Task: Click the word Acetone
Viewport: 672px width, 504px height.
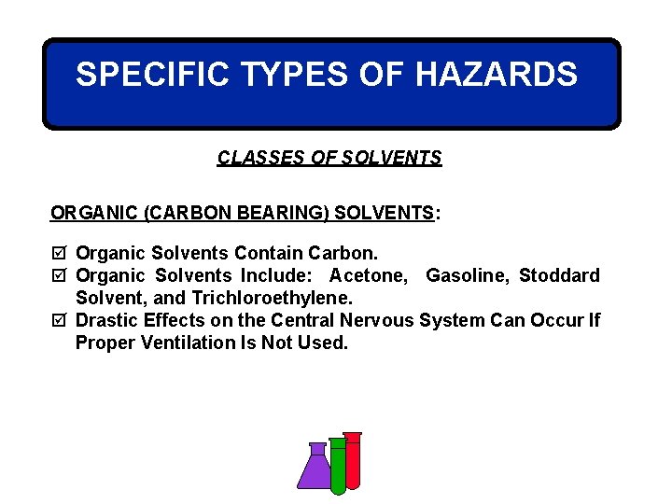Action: [x=368, y=275]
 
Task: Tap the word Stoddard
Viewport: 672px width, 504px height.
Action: [x=559, y=275]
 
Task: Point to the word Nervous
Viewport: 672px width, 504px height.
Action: [x=377, y=320]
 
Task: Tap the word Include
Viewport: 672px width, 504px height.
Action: [x=277, y=275]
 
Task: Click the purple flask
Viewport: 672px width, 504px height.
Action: [x=315, y=469]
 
